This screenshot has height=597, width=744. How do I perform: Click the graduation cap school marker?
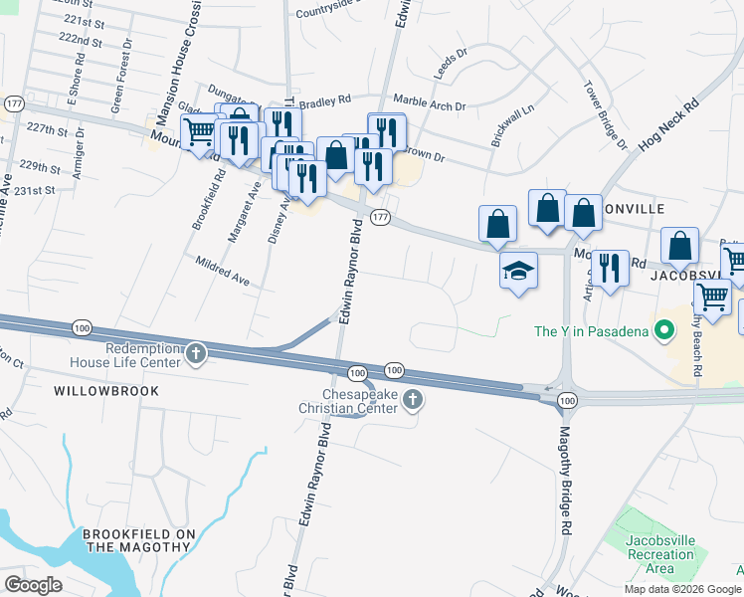[x=518, y=271]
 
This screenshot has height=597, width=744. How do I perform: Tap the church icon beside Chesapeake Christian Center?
[x=414, y=400]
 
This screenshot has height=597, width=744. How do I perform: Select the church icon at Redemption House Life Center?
[x=197, y=353]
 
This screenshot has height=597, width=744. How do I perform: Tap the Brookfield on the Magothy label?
[x=139, y=541]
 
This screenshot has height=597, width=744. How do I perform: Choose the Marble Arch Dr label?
[x=430, y=101]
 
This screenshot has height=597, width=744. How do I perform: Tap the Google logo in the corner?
[x=33, y=584]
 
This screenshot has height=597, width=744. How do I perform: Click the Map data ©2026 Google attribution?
[x=682, y=589]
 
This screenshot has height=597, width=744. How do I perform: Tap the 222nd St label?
[x=81, y=40]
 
